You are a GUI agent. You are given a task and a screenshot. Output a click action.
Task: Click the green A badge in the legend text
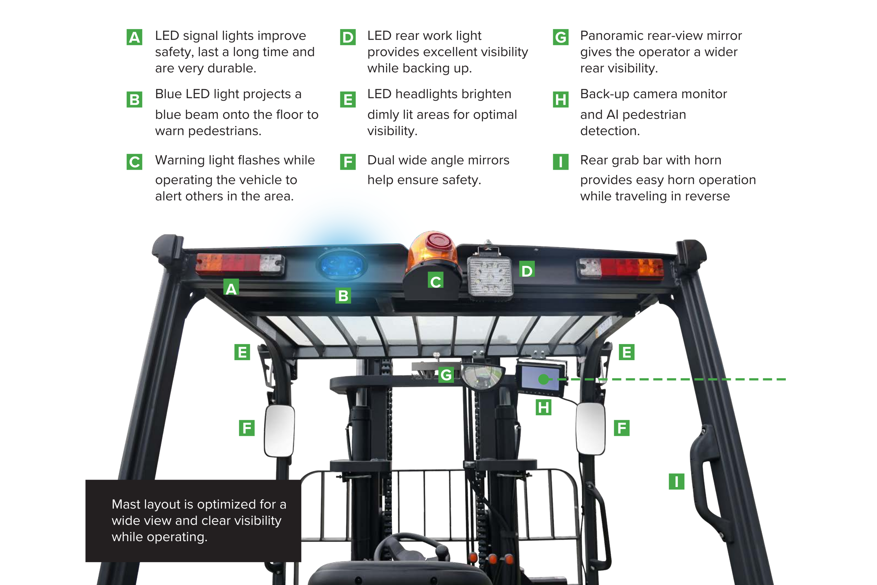point(134,37)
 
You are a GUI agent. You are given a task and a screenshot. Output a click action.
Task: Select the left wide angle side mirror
point(279,431)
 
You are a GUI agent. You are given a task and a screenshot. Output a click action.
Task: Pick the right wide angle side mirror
point(591,429)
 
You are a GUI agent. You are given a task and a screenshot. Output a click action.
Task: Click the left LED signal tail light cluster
point(240,264)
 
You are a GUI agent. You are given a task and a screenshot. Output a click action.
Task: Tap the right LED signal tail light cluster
point(620,268)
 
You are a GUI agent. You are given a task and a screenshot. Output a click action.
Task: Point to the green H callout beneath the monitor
point(543,407)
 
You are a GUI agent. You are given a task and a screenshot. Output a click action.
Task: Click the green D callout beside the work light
point(527,269)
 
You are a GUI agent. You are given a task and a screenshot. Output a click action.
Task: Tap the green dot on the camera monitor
point(544,379)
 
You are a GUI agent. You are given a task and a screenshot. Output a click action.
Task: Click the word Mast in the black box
point(126,504)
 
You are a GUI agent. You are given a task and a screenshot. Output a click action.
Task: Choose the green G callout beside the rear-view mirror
point(446,375)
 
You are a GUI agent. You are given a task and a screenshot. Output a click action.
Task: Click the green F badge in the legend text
point(348,161)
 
